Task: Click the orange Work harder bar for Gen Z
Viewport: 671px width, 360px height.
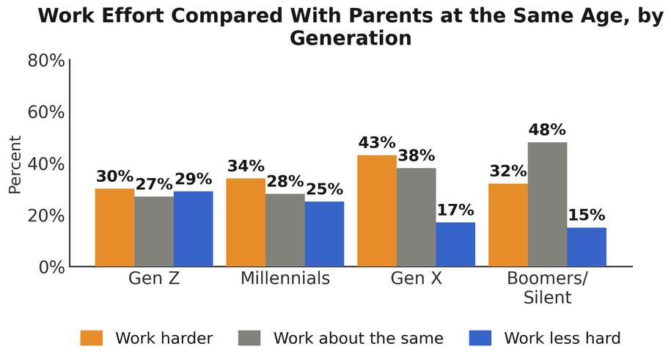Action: (114, 227)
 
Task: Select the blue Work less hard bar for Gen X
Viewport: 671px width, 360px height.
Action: (455, 244)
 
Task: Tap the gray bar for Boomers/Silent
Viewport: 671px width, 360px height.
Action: (547, 204)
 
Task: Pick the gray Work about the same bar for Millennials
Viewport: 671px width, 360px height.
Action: (285, 230)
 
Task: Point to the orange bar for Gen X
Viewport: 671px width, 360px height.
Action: (377, 210)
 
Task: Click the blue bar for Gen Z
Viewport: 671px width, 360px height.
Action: (194, 229)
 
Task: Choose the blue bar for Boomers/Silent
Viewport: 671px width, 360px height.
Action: (587, 247)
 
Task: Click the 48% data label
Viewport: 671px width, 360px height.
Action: (547, 129)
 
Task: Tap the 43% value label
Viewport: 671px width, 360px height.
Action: (377, 142)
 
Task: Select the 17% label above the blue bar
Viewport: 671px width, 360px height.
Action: (455, 210)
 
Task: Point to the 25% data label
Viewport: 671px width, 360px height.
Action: (324, 188)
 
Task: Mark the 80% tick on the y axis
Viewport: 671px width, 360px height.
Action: (46, 60)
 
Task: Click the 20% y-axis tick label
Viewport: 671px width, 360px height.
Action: (46, 216)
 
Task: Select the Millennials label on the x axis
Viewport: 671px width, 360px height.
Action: (285, 278)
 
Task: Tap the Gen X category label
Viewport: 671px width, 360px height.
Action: (417, 278)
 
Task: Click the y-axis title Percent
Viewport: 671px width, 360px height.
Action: (15, 165)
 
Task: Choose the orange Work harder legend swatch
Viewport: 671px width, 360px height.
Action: (92, 338)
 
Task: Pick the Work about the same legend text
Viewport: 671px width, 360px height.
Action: (359, 338)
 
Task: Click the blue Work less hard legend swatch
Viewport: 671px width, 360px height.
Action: (480, 338)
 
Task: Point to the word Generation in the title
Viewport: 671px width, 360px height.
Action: (351, 38)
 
